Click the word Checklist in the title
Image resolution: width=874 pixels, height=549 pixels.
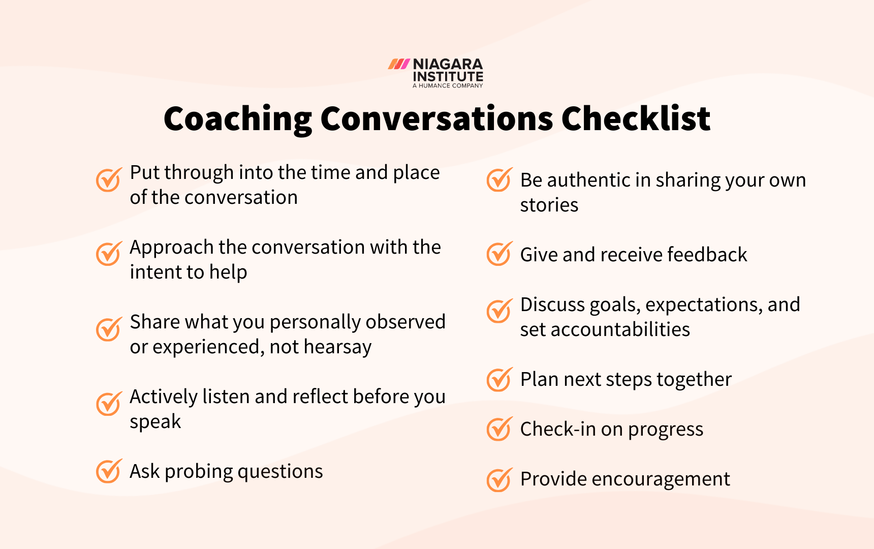(636, 119)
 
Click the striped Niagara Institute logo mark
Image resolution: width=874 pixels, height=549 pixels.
(399, 64)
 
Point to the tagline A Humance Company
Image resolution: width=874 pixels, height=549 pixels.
(448, 86)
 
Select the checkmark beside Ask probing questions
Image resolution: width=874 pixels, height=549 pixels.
(109, 471)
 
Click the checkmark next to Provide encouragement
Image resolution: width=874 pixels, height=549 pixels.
(499, 479)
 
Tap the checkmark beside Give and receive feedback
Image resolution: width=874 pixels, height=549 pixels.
(499, 254)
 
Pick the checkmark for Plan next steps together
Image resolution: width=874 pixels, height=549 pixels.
(499, 379)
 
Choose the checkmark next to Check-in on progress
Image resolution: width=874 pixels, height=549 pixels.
(499, 429)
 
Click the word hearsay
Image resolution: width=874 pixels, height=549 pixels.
(337, 347)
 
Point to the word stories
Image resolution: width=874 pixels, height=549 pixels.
(549, 205)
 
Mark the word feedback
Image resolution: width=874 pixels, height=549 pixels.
(707, 254)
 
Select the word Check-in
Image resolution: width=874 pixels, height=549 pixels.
(558, 429)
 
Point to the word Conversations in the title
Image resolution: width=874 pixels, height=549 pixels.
(437, 119)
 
